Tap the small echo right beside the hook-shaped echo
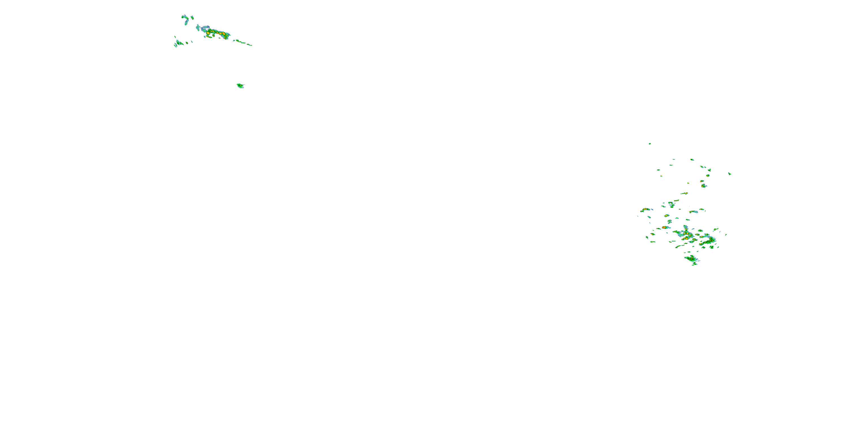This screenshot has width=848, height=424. [192, 18]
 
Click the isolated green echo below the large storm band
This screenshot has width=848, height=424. [240, 86]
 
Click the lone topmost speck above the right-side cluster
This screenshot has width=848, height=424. [650, 144]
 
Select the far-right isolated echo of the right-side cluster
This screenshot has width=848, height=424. [730, 174]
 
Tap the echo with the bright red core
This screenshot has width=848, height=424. [664, 227]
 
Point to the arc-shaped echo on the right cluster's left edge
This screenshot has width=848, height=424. [645, 209]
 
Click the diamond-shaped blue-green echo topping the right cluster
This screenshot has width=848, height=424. [692, 160]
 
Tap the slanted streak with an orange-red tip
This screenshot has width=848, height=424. [684, 193]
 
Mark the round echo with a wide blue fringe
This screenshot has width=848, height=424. [704, 186]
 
